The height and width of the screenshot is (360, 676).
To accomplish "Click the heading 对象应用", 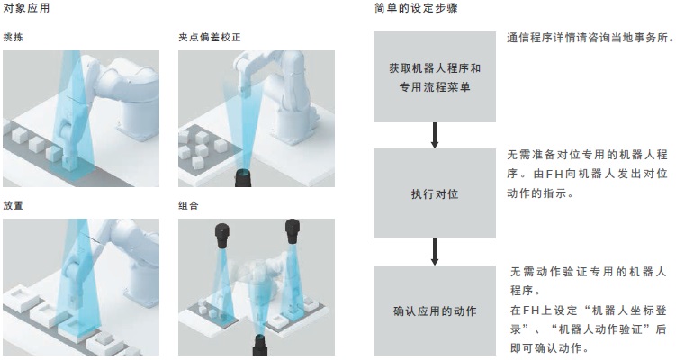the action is (26, 8).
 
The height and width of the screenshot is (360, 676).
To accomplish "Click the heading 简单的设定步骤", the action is (416, 8).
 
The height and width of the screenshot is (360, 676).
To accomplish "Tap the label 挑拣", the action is (13, 38).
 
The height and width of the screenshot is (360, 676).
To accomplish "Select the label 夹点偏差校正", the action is (210, 38).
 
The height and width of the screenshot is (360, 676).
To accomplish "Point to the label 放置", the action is (13, 206).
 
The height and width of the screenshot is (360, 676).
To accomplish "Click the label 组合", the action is (188, 206).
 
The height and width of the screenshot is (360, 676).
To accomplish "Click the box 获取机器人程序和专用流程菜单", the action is (435, 76).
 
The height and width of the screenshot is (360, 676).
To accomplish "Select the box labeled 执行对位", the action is (435, 193).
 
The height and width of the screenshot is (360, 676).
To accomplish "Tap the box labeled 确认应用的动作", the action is (435, 310).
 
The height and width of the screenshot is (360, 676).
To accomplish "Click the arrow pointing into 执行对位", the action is (435, 135).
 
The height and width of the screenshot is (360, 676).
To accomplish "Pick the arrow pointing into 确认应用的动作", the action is (435, 252).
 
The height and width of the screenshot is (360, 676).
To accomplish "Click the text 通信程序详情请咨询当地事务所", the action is (590, 38).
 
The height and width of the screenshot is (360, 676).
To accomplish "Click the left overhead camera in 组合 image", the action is (222, 236).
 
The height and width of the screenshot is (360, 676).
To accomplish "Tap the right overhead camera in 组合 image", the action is (293, 232).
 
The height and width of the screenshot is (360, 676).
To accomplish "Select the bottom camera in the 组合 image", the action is (260, 345).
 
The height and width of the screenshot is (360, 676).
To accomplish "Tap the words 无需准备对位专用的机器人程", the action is (587, 155).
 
